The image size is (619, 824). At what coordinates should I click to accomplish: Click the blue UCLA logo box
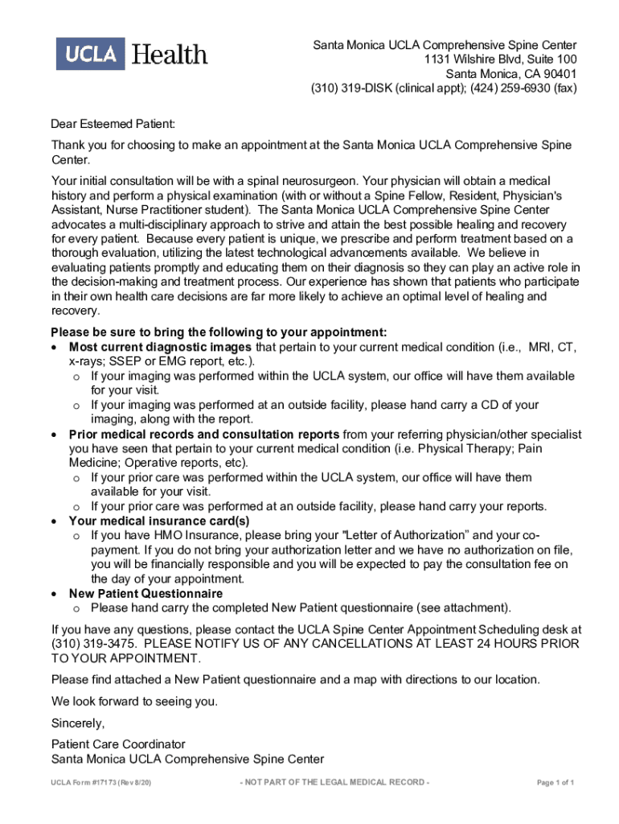88,54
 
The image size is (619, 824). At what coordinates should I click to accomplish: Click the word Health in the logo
169,55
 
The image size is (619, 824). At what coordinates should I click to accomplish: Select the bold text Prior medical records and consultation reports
203,435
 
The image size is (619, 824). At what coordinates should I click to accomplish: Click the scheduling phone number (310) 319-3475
93,644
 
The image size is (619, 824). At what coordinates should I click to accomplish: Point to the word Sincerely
78,722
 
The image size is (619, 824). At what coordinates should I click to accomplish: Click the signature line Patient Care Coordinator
118,744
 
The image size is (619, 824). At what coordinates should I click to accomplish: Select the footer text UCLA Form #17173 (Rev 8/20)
100,782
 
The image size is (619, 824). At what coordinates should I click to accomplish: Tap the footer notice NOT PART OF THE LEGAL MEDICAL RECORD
334,782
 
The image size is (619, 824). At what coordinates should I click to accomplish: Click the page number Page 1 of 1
555,782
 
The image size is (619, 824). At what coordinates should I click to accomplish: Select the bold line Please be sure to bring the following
219,332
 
